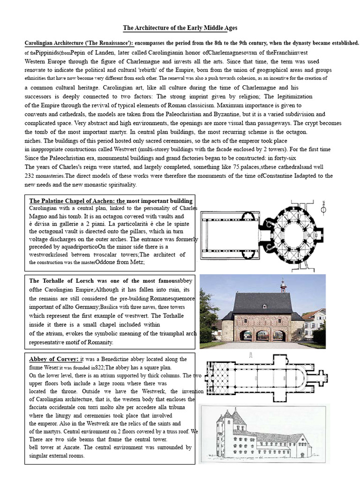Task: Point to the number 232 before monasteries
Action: pos(30,176)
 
